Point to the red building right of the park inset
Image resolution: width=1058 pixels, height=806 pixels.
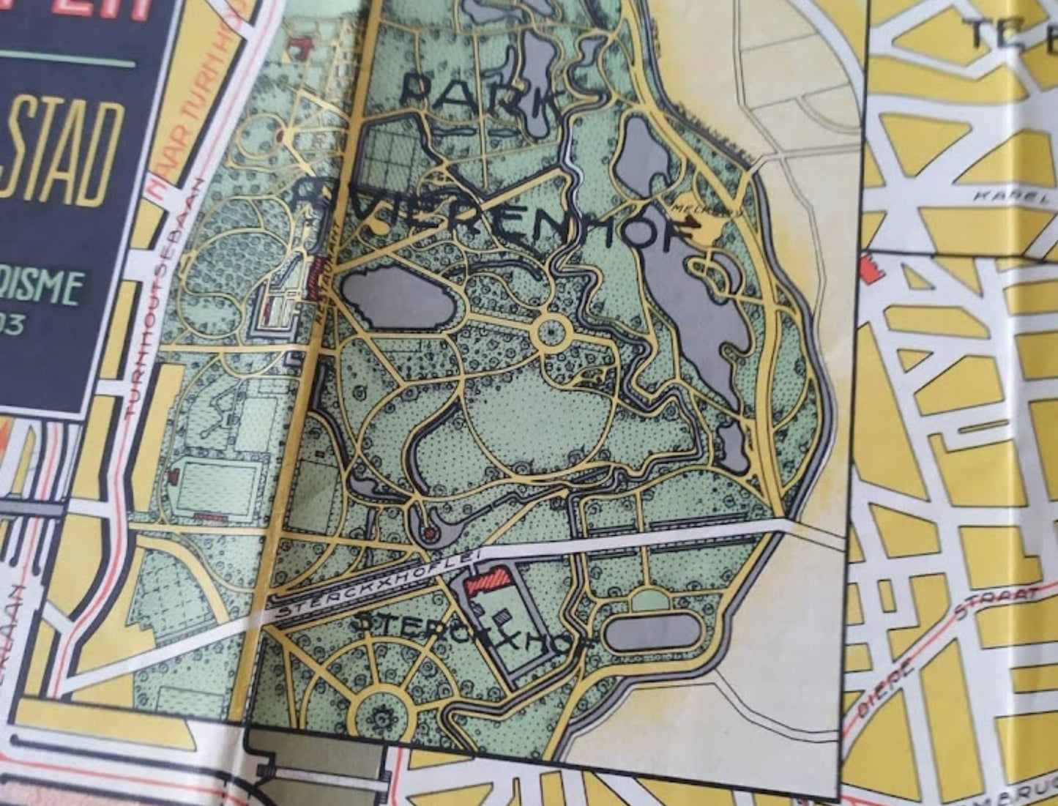[871, 267]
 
